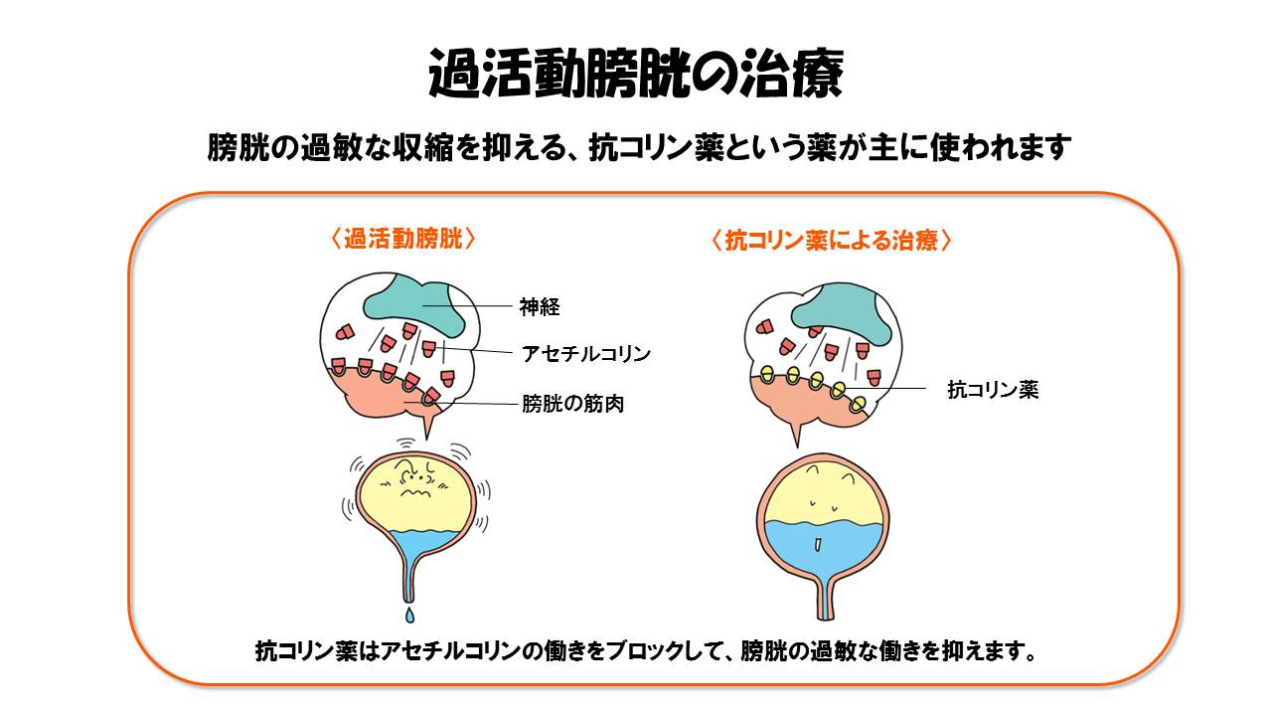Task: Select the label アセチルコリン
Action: point(586,353)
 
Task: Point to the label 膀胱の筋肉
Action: point(572,404)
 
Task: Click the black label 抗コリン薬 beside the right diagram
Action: point(993,390)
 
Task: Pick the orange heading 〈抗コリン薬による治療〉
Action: point(832,241)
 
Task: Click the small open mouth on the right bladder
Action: point(816,544)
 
